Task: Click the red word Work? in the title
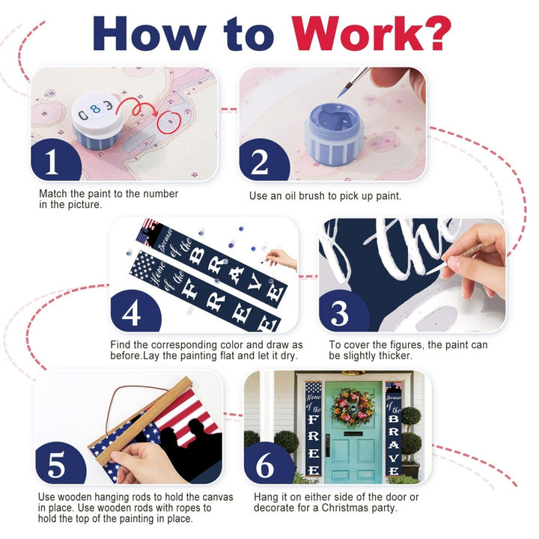point(371,34)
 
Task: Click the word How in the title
point(149,34)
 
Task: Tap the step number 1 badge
point(55,161)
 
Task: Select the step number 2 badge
point(263,161)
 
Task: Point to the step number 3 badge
point(343,312)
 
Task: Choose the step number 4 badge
point(135,312)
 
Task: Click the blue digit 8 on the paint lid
point(95,109)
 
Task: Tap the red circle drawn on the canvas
point(169,122)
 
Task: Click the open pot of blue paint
point(334,133)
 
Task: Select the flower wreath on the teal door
point(353,407)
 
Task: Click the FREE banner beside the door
point(313,430)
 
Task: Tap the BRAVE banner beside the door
point(394,430)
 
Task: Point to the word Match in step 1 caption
point(53,194)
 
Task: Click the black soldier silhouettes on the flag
point(187,447)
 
